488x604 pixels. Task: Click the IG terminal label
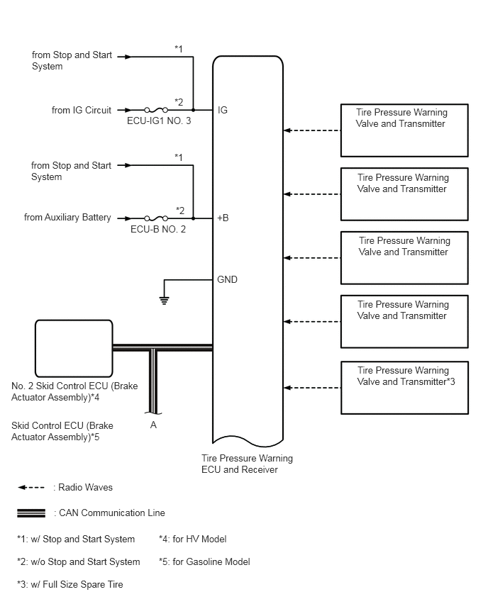point(223,110)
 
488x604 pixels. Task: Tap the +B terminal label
point(223,218)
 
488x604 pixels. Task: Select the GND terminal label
point(227,279)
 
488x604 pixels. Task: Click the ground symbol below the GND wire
point(165,301)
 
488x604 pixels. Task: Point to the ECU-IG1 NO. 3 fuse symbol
point(156,110)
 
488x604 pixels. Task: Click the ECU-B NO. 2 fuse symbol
point(156,218)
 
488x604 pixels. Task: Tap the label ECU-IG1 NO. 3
point(159,121)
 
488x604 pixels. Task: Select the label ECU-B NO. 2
point(158,230)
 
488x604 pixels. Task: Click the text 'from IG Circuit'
point(82,110)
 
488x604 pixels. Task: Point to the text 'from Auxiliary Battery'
point(67,218)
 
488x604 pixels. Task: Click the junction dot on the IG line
point(193,110)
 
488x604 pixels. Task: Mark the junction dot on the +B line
point(193,218)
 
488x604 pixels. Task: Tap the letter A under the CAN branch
point(153,425)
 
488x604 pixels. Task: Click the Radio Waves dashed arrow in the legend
point(31,488)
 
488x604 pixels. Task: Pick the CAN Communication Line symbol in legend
point(31,513)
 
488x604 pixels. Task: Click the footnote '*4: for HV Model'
point(193,539)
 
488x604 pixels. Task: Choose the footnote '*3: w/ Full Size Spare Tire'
point(70,585)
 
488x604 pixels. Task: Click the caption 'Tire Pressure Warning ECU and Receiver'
point(247,464)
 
